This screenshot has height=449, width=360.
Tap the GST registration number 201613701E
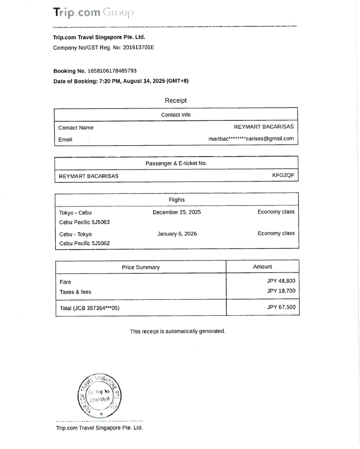point(138,48)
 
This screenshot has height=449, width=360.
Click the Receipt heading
point(176,100)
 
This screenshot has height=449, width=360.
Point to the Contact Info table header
point(176,115)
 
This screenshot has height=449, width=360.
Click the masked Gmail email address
point(251,139)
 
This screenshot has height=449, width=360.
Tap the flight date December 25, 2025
point(177,212)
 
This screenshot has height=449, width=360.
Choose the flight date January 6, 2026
point(177,234)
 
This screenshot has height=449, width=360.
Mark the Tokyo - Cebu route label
point(75,213)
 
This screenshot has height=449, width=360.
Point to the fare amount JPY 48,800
point(281,281)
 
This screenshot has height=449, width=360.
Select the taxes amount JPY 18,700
point(281,291)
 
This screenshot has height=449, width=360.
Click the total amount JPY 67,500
point(281,307)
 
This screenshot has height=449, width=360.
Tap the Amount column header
point(263,267)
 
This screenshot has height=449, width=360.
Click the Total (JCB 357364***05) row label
point(90,308)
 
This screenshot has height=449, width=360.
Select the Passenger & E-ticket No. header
point(176,164)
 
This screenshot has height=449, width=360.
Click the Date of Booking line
point(121,81)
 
